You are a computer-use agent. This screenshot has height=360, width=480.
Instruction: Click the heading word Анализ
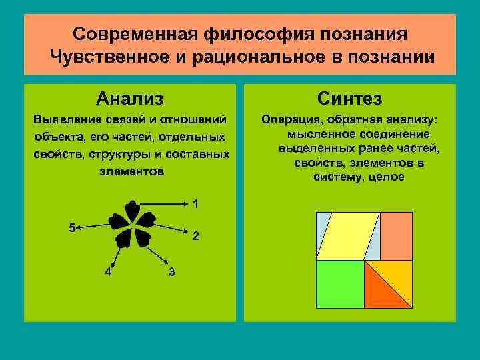(130, 99)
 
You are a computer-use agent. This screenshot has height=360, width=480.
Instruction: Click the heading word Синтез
(350, 99)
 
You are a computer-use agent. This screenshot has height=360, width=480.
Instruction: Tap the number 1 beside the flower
(195, 203)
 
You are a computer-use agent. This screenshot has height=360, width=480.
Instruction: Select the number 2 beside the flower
(195, 236)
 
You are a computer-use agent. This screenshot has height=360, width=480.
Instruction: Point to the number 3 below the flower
(172, 271)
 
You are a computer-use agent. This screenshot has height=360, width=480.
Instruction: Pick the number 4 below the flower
(108, 271)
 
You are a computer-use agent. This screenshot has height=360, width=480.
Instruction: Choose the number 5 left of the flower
(73, 227)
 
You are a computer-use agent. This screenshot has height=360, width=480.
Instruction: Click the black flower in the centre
(132, 223)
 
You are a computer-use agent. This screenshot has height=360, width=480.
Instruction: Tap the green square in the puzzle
(339, 284)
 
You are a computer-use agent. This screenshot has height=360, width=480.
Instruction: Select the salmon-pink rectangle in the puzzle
(396, 236)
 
